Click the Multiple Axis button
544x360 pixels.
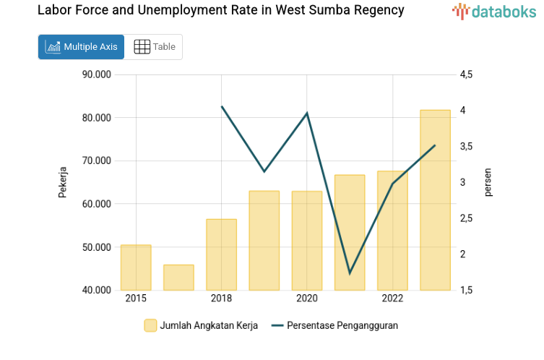point(81,47)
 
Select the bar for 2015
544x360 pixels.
point(136,267)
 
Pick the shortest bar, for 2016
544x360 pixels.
point(178,278)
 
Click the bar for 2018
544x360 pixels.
point(221,254)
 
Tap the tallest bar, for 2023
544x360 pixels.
point(435,200)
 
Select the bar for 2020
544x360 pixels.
point(307,241)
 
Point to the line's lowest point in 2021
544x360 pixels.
point(350,273)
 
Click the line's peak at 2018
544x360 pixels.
point(222,107)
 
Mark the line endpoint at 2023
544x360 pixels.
point(435,145)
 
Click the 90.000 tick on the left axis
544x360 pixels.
point(96,74)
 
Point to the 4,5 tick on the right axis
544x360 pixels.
point(465,74)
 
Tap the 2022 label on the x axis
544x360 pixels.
point(392,299)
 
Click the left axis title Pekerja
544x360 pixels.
point(63,182)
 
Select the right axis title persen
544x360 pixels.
point(488,182)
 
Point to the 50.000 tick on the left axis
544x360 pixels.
point(96,247)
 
